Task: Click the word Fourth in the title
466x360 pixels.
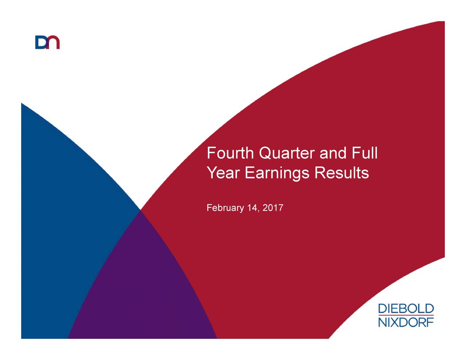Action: [x=230, y=153]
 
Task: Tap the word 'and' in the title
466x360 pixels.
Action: [x=333, y=153]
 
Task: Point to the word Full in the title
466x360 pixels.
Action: [x=364, y=153]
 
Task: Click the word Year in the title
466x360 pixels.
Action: [x=223, y=173]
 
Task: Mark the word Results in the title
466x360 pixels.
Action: [x=341, y=173]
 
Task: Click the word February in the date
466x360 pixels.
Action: [x=225, y=208]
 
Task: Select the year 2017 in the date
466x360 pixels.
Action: [x=273, y=208]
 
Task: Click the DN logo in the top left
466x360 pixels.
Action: [x=47, y=42]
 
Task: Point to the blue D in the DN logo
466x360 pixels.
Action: [x=41, y=43]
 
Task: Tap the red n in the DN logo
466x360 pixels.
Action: [x=54, y=43]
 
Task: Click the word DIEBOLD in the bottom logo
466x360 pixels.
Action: [x=406, y=309]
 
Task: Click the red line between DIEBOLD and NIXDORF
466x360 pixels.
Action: [x=406, y=316]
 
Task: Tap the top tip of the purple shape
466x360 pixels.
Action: [x=141, y=211]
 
